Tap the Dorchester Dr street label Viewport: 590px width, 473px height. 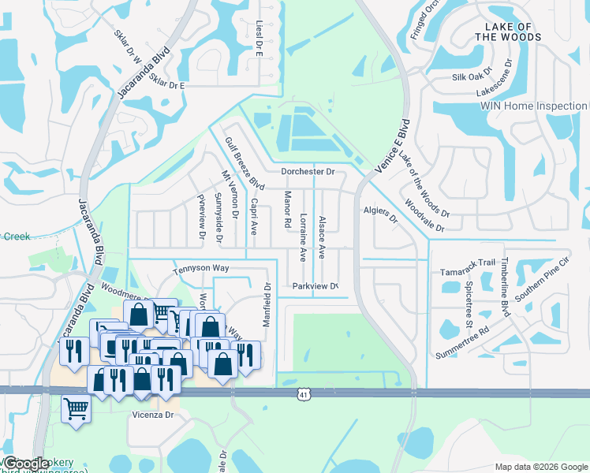(x=308, y=171)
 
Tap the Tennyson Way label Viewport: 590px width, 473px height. (x=201, y=268)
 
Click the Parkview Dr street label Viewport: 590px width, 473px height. (x=315, y=286)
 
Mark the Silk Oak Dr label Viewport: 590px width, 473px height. (x=472, y=77)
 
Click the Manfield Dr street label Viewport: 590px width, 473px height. (x=267, y=307)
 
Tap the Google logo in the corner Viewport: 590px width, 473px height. (x=25, y=464)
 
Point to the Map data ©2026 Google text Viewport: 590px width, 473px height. (x=540, y=467)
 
